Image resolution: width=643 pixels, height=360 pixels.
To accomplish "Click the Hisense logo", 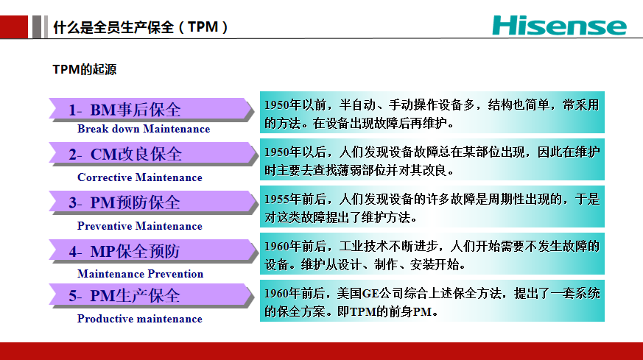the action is (559, 26).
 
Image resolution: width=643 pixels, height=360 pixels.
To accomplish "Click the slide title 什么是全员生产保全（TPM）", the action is (140, 27).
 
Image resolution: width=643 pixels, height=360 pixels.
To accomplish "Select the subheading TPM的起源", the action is (85, 69).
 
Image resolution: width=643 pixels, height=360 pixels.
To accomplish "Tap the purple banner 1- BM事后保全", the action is (151, 110).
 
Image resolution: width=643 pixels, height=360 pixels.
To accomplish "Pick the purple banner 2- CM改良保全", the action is (151, 154).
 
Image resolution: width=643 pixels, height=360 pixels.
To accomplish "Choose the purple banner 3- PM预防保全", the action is (151, 202).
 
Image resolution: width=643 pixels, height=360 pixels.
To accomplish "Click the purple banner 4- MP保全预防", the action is (151, 251).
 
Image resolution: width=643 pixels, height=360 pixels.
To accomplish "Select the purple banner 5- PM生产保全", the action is (151, 295).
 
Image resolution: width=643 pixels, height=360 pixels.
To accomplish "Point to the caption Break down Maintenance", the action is (144, 129).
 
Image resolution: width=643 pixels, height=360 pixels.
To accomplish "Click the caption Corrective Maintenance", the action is (140, 177).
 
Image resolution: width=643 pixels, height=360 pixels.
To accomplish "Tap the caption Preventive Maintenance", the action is (140, 225).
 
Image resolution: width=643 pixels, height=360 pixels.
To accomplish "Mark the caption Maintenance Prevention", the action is (140, 273).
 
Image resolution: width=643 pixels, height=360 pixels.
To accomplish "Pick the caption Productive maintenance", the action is (140, 319).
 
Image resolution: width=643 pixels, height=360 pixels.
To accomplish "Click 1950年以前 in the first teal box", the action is (295, 105).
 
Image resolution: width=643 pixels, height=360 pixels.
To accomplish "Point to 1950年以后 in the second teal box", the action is (295, 152).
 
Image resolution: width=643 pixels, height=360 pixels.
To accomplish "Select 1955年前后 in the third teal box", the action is (295, 200).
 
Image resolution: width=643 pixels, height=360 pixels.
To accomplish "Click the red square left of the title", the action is (14, 27).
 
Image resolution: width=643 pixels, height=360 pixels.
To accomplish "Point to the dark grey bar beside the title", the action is (37, 27).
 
